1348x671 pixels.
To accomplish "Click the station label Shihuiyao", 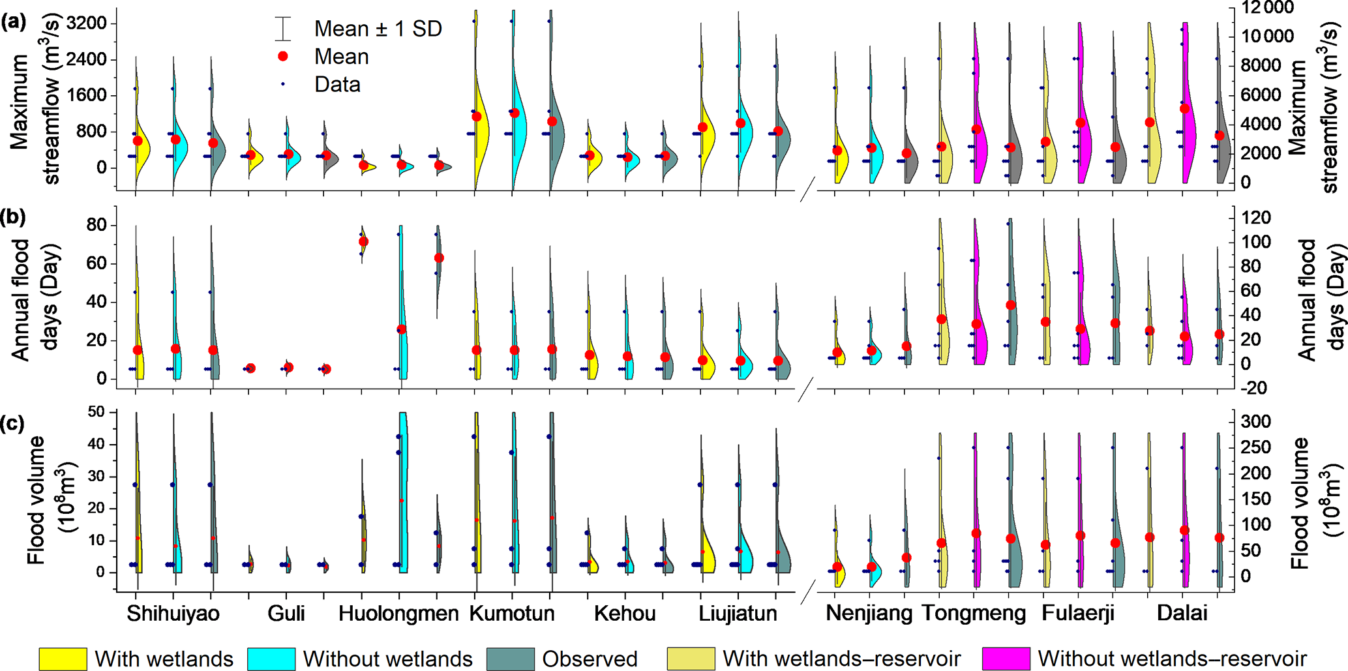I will [x=173, y=614].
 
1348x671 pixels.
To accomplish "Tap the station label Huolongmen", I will [x=398, y=614].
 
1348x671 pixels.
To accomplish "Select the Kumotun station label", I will [x=512, y=614].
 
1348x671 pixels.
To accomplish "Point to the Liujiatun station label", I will [x=738, y=614].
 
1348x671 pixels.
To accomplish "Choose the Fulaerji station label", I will [x=1077, y=614].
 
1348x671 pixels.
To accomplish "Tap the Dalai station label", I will [x=1182, y=614].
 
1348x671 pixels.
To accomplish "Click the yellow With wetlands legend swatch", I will [x=63, y=659].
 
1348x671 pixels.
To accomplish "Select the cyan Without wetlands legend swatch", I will [x=271, y=659].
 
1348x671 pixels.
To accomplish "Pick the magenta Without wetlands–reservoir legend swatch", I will [x=1006, y=659].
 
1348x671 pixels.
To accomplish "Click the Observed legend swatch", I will [x=511, y=659].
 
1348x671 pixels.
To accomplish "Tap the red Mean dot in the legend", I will [x=283, y=57].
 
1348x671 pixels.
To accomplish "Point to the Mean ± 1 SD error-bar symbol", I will [x=283, y=29].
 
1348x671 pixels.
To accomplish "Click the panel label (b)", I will [x=14, y=217].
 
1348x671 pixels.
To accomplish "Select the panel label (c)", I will [x=14, y=423].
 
